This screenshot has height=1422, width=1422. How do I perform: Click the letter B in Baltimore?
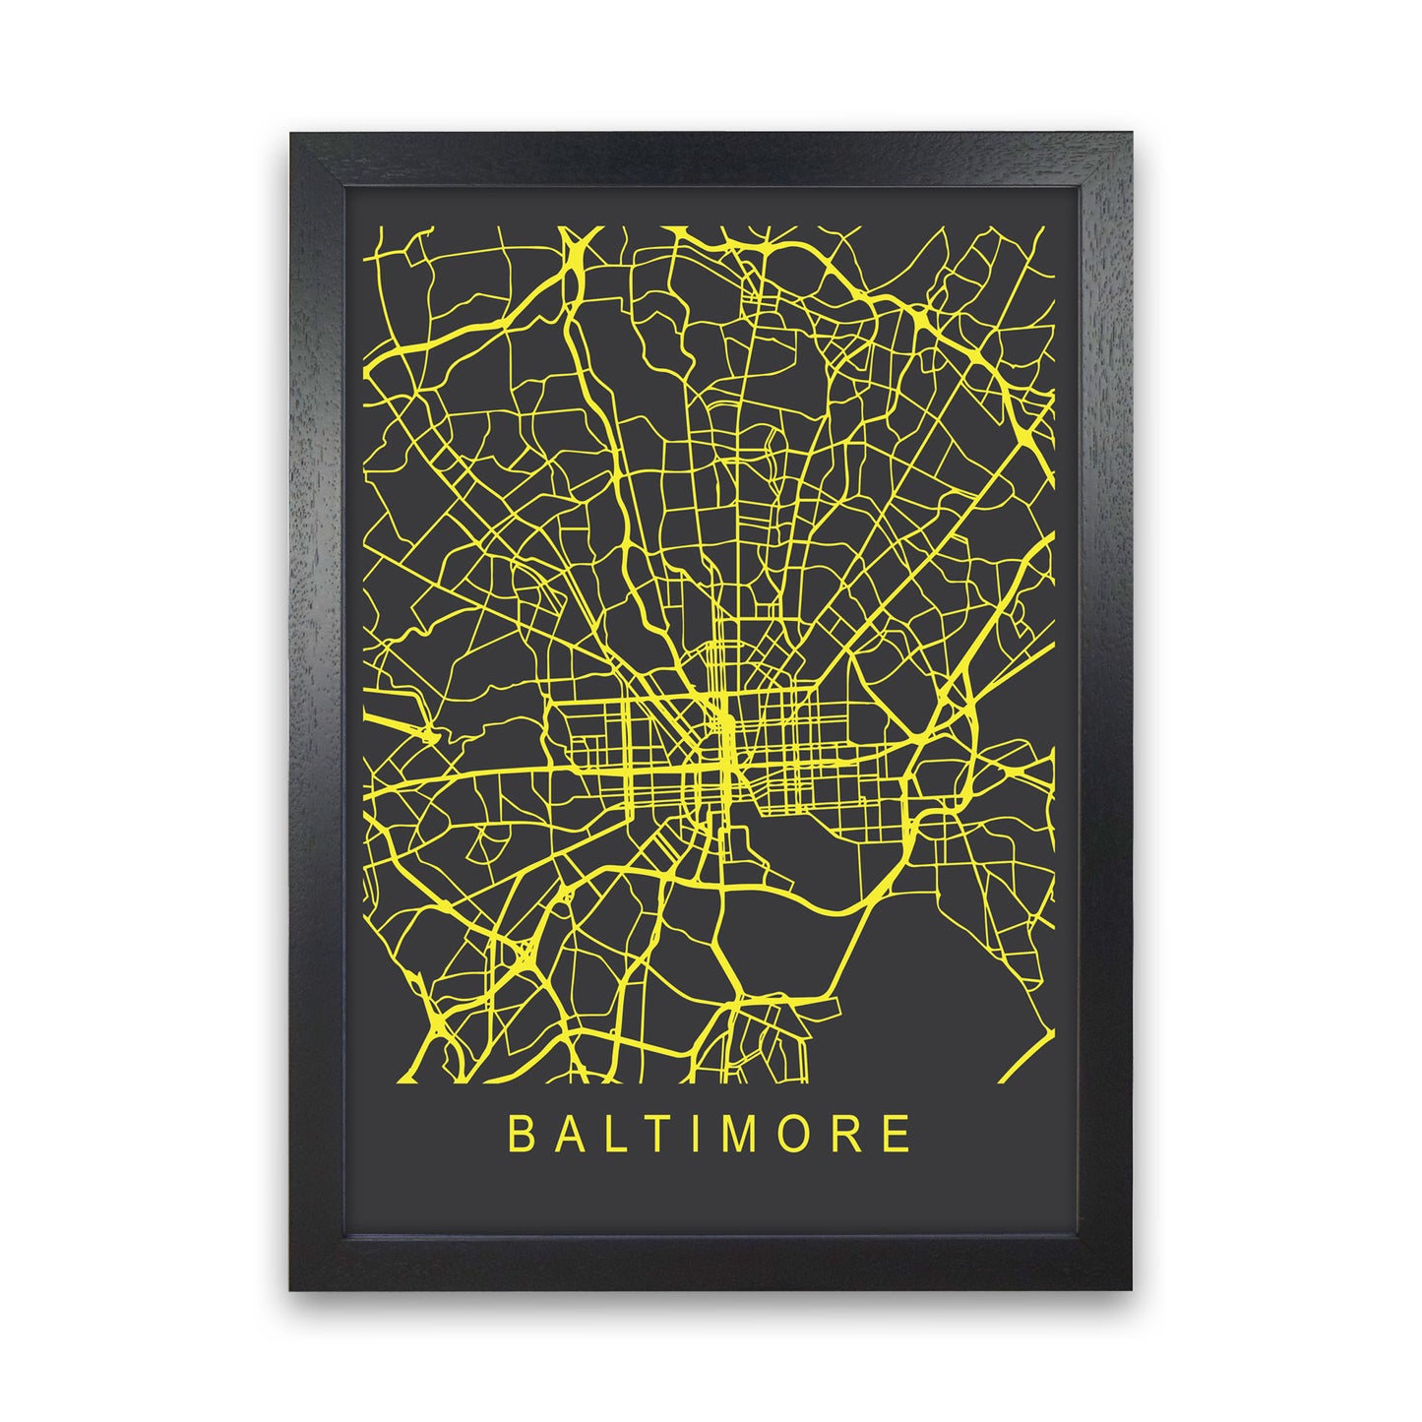(x=519, y=1135)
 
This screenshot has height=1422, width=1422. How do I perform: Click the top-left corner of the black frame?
(x=292, y=135)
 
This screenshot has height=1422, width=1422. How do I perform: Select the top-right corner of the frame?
(x=1131, y=135)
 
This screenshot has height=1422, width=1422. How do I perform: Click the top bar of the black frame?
(x=711, y=156)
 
